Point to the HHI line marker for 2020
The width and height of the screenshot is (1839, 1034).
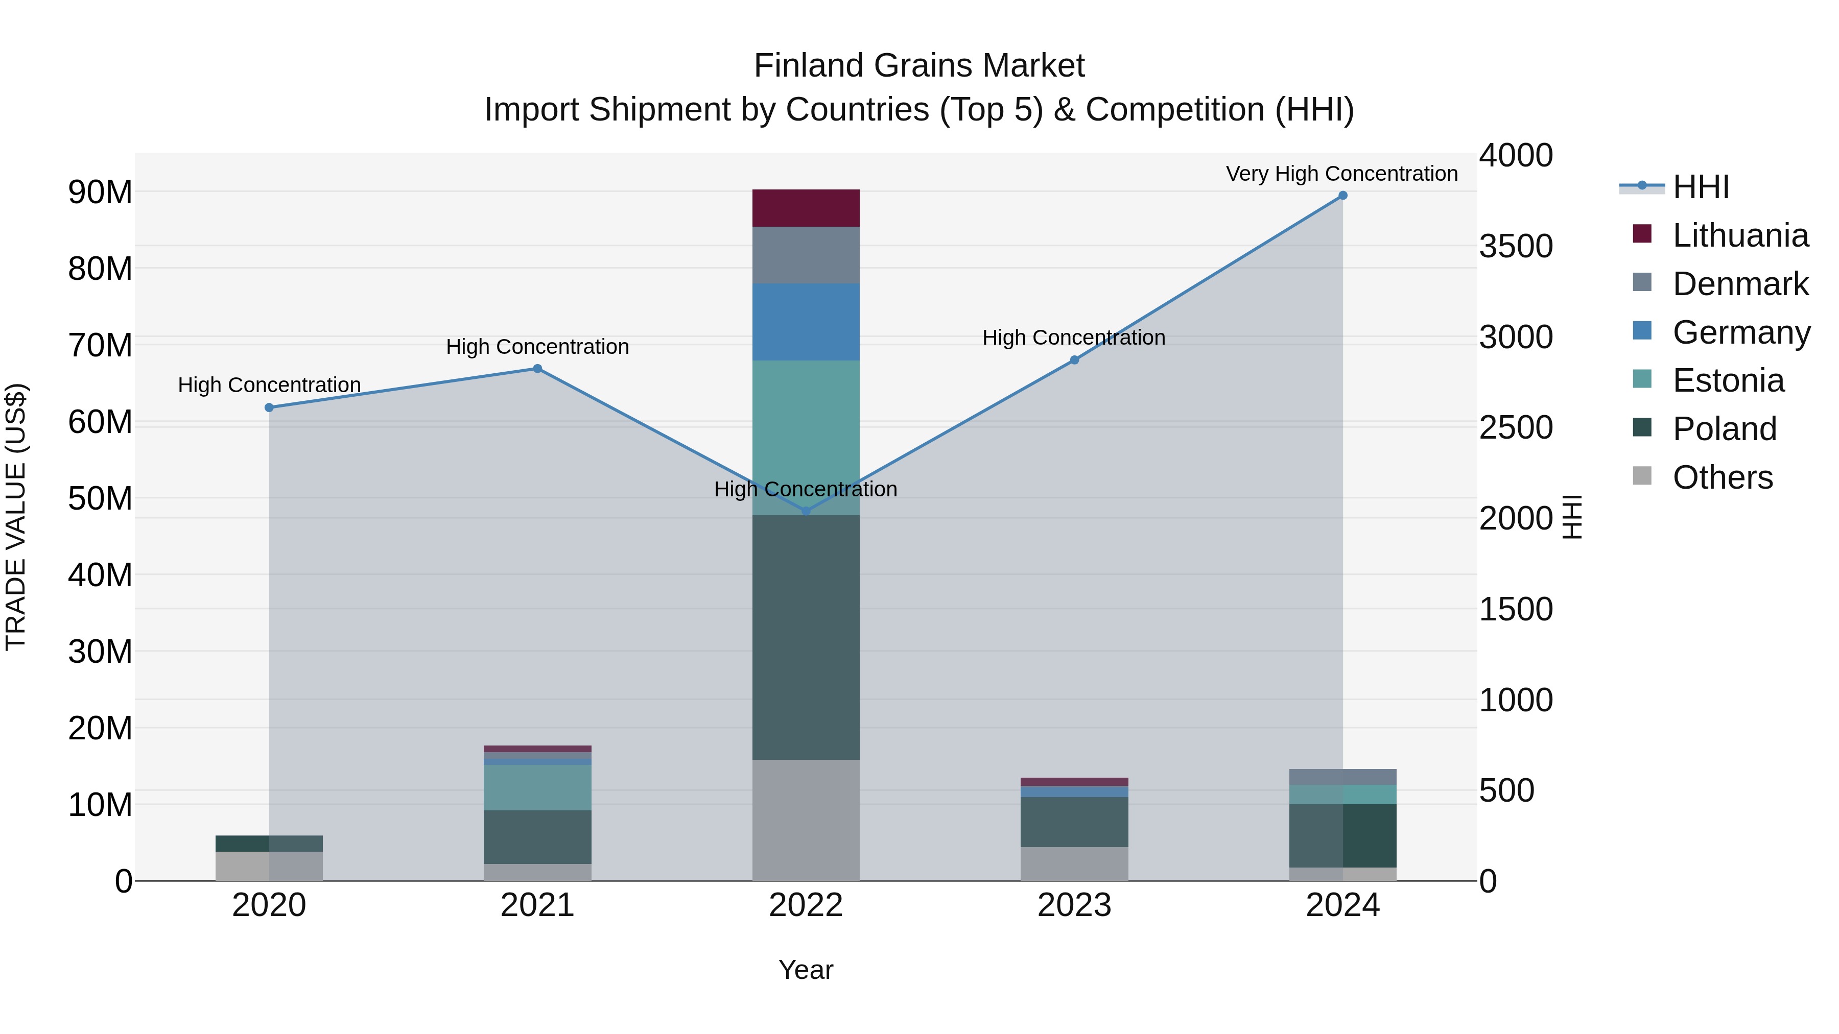269,407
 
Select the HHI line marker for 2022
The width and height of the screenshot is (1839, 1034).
806,511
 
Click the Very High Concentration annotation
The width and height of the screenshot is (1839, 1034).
1341,174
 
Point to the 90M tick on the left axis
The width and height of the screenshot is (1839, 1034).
100,192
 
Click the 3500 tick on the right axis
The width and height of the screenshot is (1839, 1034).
1516,246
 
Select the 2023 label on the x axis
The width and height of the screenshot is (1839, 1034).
1074,905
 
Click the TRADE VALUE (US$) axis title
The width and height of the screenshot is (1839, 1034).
16,517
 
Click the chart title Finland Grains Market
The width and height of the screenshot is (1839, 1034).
919,66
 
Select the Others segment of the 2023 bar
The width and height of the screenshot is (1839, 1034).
1074,863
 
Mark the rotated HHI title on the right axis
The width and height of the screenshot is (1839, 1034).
1573,517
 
